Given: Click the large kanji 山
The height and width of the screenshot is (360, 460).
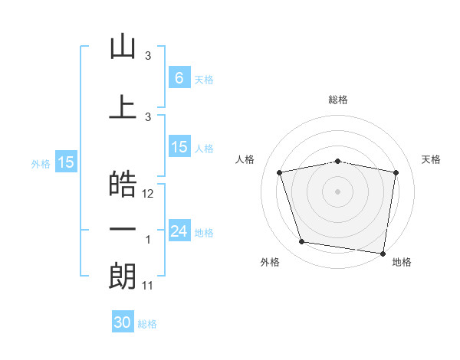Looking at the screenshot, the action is [123, 46].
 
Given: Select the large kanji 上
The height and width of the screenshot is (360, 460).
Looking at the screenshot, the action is [123, 106].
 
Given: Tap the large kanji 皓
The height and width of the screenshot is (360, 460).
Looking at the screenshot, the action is [123, 184].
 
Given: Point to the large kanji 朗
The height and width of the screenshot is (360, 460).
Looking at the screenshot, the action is [123, 277].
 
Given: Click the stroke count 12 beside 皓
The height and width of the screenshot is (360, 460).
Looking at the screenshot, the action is [147, 194].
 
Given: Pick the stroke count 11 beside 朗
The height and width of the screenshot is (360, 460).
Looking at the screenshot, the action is [147, 286].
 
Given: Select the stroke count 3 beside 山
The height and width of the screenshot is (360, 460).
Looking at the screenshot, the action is [148, 56].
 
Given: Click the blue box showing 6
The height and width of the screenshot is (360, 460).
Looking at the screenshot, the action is [179, 77].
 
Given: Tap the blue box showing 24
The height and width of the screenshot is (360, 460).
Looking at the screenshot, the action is [179, 230].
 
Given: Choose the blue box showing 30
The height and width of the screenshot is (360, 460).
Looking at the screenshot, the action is [123, 321].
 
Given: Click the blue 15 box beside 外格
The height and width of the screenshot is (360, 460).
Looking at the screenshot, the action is [66, 162].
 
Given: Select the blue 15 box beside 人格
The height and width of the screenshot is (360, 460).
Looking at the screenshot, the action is [179, 146].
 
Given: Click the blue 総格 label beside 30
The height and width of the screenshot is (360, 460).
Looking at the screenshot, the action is [147, 324].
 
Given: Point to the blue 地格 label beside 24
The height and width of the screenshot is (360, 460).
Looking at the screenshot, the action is [204, 233].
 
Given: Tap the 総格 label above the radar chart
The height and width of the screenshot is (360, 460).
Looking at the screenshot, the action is [338, 100].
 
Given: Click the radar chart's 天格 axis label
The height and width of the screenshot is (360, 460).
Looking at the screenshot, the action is [431, 159].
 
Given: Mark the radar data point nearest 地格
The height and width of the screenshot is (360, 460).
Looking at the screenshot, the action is [383, 254].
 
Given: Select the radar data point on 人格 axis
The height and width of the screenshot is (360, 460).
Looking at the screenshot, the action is [280, 172].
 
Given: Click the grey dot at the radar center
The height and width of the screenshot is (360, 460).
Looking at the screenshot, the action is [337, 191].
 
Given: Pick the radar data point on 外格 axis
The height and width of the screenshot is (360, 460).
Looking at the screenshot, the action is [301, 241].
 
